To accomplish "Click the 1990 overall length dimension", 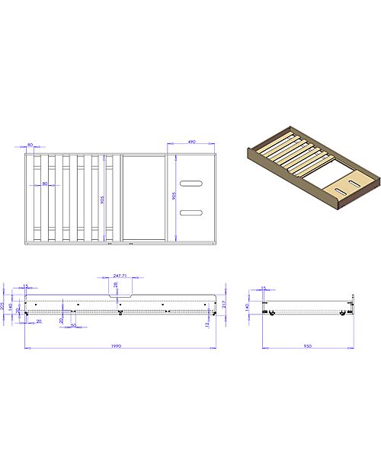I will point(117,346).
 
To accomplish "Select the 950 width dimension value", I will point(308,346).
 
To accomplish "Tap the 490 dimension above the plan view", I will point(191,142).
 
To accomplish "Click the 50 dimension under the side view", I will point(73,325).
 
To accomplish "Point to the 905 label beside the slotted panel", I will point(174,196).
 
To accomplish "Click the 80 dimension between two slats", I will point(46,184).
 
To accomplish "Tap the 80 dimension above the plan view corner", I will point(30,145).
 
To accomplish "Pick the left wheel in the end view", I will point(268,313).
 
